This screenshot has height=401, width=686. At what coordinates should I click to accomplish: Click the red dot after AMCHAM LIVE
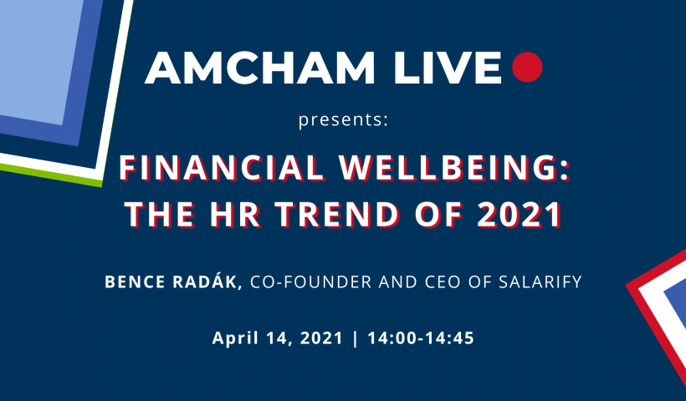[x=527, y=67]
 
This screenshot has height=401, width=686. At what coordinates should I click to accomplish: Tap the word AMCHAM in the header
[x=260, y=68]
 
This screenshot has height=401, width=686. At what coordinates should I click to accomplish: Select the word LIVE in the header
[x=447, y=68]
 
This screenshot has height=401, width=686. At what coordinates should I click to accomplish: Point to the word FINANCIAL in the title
[x=222, y=168]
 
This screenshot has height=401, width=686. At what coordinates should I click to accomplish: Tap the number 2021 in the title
[x=520, y=215]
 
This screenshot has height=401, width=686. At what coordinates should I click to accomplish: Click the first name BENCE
[x=136, y=282]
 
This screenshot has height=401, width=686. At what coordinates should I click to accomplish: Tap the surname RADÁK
[x=205, y=281]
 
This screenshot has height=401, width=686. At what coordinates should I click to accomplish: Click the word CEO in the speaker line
[x=442, y=282]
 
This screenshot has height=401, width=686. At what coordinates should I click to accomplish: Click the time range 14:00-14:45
[x=421, y=338]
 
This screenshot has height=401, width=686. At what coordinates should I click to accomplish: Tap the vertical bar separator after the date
[x=355, y=338]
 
